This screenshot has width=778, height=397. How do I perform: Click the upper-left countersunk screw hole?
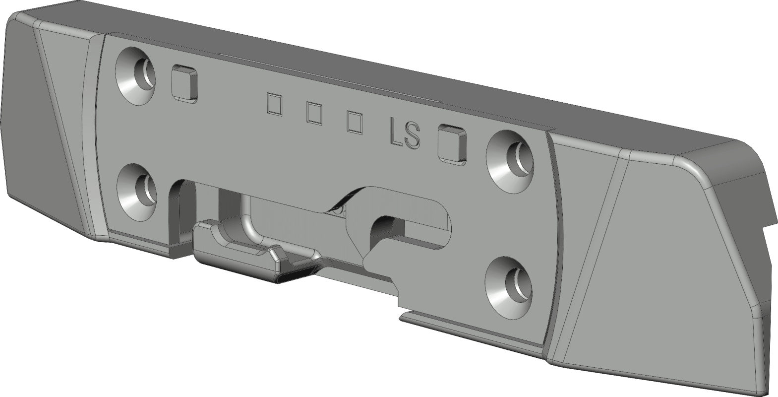[135, 76]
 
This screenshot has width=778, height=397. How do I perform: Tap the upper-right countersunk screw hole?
[510, 162]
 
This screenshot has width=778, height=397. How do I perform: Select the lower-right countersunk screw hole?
[509, 288]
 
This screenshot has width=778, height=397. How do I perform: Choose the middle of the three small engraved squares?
[314, 113]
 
